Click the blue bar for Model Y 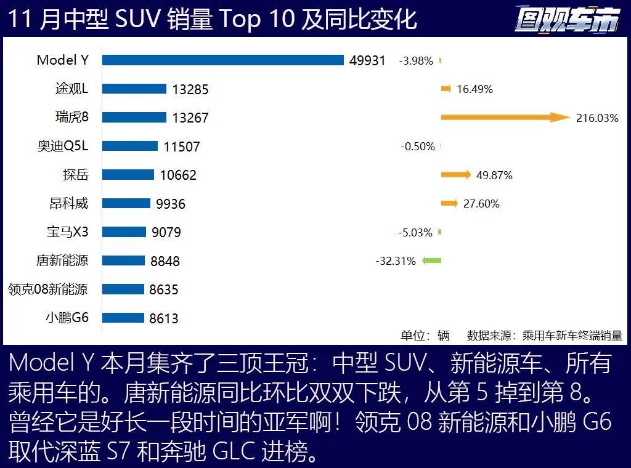[x=222, y=60]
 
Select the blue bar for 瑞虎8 [x=134, y=117]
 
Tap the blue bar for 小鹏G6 [x=123, y=318]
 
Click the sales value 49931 [x=367, y=60]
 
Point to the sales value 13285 [x=190, y=89]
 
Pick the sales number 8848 [x=165, y=261]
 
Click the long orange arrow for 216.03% [x=505, y=117]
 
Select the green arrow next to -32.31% [x=432, y=260]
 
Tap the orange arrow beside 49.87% [x=456, y=175]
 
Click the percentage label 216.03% [x=597, y=118]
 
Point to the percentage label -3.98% [x=416, y=61]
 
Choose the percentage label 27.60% [x=481, y=204]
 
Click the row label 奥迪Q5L [x=63, y=146]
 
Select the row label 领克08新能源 [x=47, y=289]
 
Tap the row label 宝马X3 [x=68, y=232]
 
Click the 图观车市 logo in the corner [x=568, y=21]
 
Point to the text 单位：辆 [x=425, y=336]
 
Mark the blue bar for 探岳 [x=128, y=175]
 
